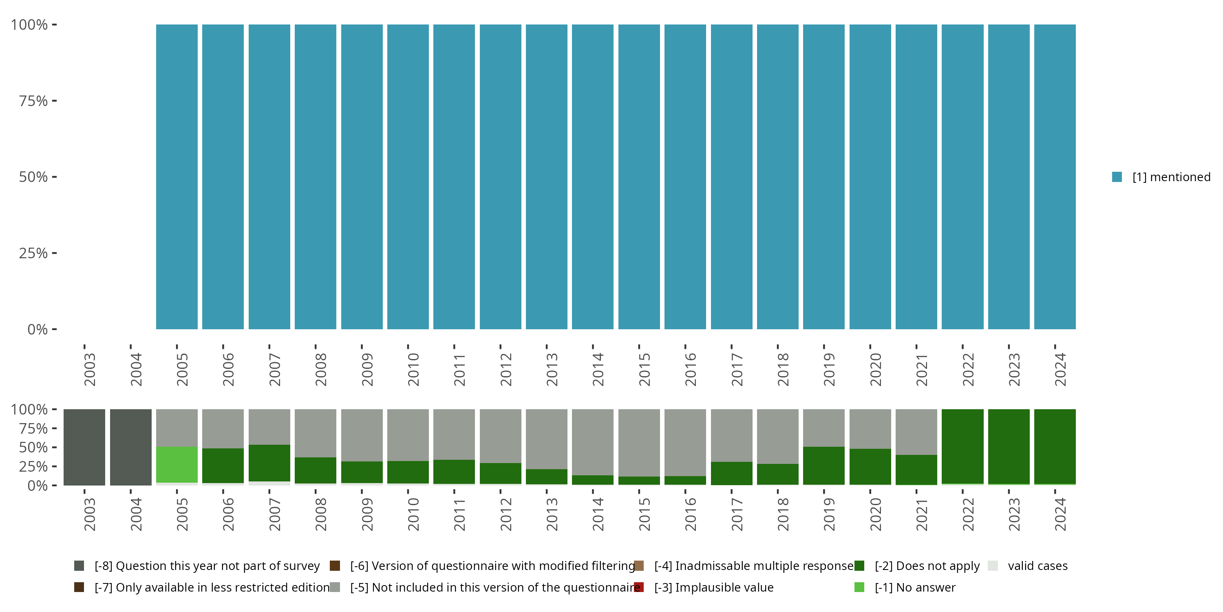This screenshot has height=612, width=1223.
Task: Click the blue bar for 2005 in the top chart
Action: (177, 177)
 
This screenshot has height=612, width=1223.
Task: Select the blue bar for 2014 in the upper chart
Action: (592, 177)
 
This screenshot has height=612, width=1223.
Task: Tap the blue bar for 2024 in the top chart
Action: (1055, 177)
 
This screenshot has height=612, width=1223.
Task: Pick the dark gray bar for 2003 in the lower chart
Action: (84, 447)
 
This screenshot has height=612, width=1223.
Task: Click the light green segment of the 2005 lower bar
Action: (177, 465)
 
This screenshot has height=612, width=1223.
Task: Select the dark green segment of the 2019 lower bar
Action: (824, 466)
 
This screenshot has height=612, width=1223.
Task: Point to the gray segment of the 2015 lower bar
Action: (639, 442)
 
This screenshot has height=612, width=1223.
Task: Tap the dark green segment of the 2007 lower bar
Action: (269, 463)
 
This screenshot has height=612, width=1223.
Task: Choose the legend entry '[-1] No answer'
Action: (915, 587)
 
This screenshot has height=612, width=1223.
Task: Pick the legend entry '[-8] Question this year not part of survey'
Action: (207, 566)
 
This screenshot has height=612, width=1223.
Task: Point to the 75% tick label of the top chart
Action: (33, 101)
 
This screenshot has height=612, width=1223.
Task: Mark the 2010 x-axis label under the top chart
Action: (413, 369)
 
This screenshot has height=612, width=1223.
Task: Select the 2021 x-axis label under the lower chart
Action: (921, 514)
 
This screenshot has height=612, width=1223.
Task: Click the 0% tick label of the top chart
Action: (38, 329)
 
